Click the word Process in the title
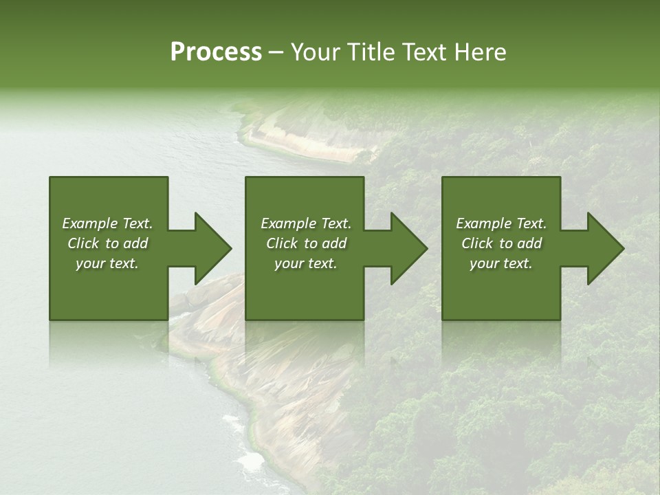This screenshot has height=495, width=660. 216,52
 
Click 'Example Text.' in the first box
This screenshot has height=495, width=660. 107,223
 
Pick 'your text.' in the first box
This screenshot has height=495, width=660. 107,263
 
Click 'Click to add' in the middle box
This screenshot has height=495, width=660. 306,243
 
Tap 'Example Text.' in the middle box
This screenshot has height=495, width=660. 306,223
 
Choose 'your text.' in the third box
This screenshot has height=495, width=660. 501,263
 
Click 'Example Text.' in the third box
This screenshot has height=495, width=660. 501,223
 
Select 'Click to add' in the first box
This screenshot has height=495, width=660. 107,243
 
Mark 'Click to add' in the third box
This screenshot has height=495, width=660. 501,243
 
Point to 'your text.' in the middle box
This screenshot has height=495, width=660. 306,263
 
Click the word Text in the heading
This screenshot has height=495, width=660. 424,52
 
